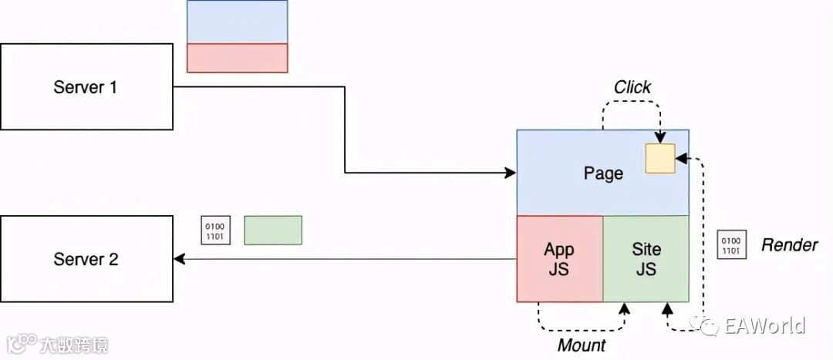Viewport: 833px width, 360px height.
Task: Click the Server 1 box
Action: [86, 86]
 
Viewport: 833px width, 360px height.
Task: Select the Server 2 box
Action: [86, 259]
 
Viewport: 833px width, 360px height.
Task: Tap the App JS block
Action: [559, 259]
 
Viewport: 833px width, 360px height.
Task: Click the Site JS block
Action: [646, 259]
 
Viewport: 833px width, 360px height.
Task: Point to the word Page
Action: [602, 173]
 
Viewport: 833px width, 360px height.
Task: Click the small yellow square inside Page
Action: [660, 158]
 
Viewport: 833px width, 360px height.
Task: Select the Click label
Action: [632, 87]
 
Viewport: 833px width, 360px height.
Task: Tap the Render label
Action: [789, 245]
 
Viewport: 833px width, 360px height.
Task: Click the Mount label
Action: [582, 345]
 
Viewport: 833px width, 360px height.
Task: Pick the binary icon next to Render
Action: [730, 244]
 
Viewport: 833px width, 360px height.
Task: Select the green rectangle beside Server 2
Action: [273, 230]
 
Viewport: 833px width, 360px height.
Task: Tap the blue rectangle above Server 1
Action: [237, 22]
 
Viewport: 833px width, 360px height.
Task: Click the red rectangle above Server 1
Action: [237, 58]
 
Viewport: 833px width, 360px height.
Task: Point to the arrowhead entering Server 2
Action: [179, 259]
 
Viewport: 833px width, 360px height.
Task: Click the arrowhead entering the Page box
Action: [511, 173]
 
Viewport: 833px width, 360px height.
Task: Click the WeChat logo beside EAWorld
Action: [707, 325]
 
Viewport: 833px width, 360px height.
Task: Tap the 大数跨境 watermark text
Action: [75, 344]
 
